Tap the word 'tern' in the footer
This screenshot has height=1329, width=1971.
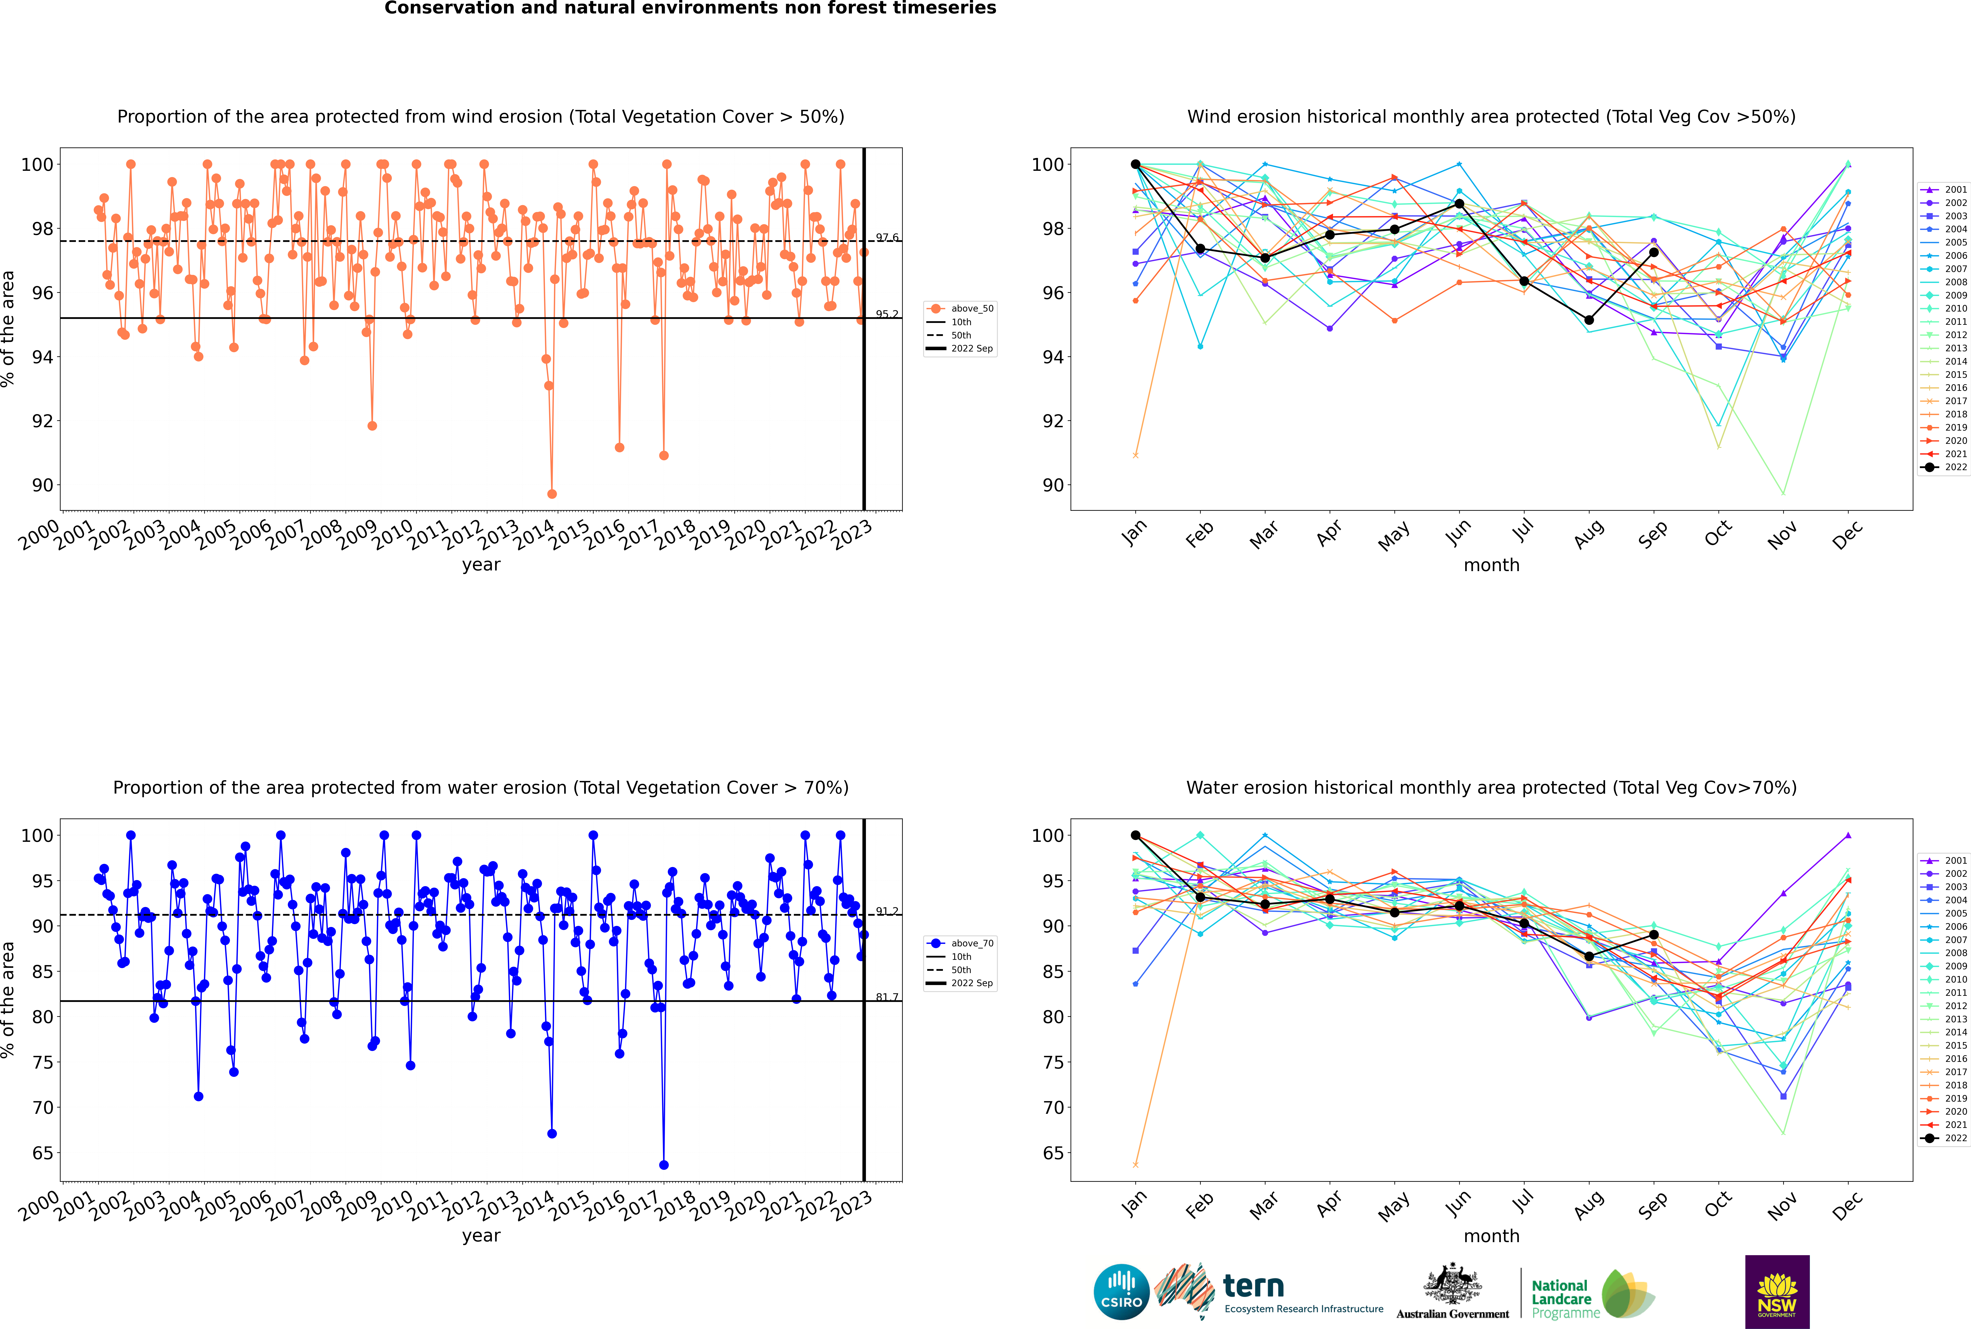[1253, 1287]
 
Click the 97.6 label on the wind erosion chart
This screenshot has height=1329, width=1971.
[887, 237]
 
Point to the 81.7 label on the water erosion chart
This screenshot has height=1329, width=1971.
[887, 997]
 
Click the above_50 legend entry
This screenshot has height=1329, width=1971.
[960, 309]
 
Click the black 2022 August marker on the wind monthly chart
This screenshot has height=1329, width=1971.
[1589, 320]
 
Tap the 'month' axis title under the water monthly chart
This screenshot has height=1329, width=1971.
[1491, 1236]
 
